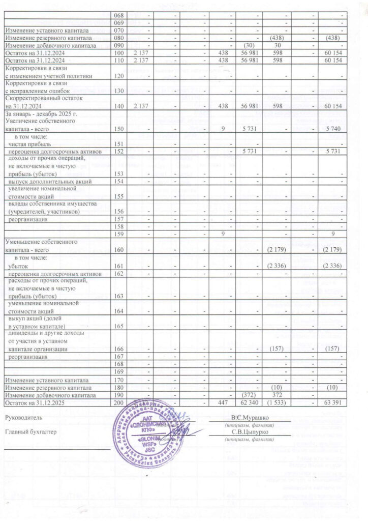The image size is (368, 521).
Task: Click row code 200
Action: pyautogui.click(x=119, y=402)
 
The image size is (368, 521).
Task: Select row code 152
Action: pyautogui.click(x=119, y=152)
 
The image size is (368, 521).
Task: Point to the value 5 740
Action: pyautogui.click(x=336, y=129)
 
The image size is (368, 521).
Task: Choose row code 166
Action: pyautogui.click(x=119, y=350)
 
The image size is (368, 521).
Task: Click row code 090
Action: pyautogui.click(x=119, y=44)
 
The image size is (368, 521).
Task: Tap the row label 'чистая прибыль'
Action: pyautogui.click(x=32, y=144)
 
